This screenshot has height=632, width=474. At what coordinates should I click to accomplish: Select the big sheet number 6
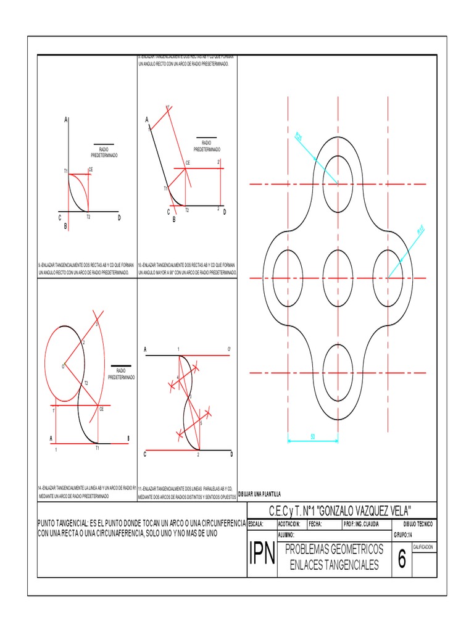402,560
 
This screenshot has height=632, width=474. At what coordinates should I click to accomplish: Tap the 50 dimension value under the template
313,436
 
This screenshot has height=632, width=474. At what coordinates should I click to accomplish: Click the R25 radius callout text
299,136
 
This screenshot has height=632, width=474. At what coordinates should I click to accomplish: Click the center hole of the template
338,278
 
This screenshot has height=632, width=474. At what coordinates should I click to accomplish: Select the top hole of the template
338,184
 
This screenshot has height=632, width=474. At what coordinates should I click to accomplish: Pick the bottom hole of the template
338,372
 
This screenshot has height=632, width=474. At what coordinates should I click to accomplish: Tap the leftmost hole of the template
287,278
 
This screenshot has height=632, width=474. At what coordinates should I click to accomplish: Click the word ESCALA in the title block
256,523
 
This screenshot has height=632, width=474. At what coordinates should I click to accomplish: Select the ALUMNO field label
287,534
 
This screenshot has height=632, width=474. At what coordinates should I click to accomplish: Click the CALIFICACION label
423,547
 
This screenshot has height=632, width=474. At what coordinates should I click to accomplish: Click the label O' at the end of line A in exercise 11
229,349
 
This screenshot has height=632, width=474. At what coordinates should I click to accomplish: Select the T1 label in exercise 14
97,448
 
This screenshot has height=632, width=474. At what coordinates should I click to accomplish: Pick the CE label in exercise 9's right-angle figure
91,169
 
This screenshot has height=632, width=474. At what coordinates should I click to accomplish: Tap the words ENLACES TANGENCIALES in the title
334,565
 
